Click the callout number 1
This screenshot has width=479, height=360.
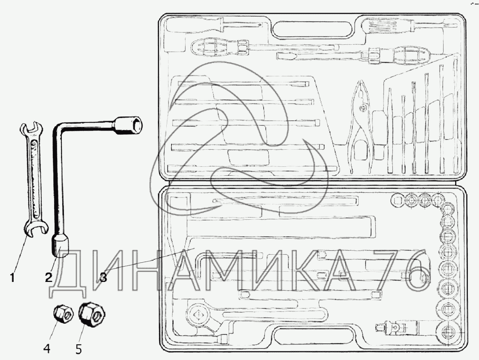pos(12,278)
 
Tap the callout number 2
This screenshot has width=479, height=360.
pos(49,277)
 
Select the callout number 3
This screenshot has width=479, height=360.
pos(103,277)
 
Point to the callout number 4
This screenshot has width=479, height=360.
pos(47,348)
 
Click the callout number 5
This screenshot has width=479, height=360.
pos(78,348)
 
